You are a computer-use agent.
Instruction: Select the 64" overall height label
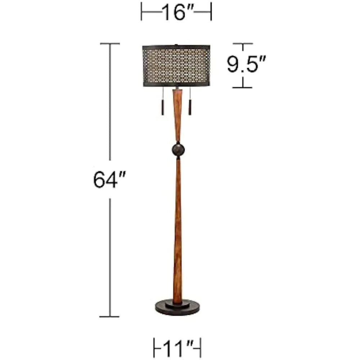(109, 180)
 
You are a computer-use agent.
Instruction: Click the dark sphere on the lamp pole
(178, 150)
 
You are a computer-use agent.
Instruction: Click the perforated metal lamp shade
(176, 66)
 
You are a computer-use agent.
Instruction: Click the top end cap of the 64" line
(110, 44)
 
